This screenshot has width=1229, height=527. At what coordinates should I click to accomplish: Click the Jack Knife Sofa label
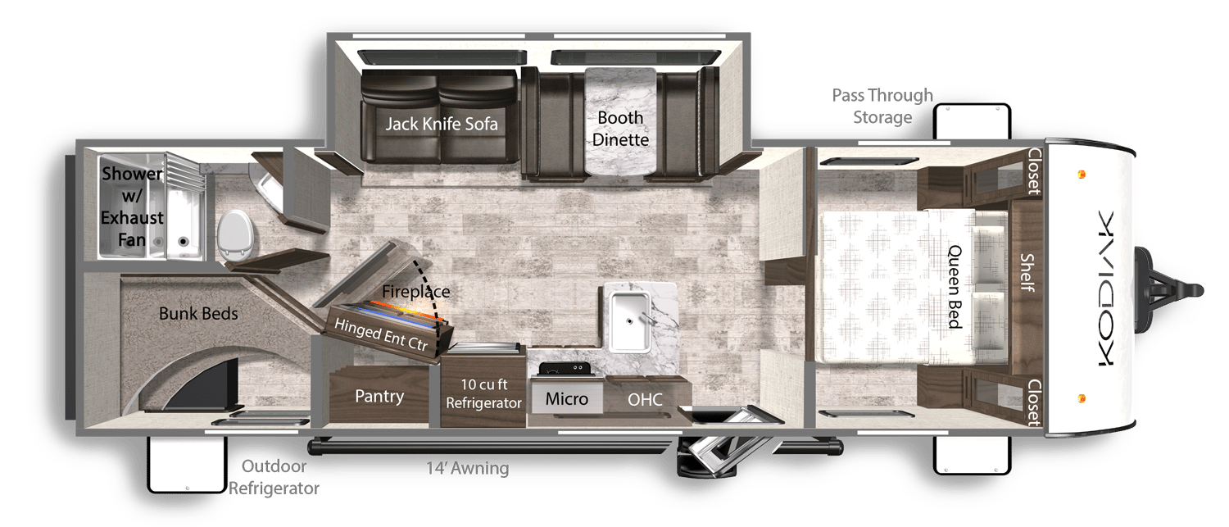(x=442, y=125)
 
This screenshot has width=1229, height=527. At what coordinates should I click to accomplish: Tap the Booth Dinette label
(x=620, y=129)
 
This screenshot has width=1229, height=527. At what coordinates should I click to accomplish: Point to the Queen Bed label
(x=955, y=287)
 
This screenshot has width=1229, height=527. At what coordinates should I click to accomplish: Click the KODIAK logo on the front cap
(x=1103, y=287)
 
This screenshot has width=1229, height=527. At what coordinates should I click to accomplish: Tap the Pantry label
(x=379, y=397)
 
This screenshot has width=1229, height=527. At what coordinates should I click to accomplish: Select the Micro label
(x=567, y=399)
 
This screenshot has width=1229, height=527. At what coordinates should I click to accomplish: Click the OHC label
(x=645, y=400)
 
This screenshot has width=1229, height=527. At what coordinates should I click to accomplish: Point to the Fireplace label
(x=416, y=291)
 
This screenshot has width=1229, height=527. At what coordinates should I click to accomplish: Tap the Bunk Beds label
(x=198, y=314)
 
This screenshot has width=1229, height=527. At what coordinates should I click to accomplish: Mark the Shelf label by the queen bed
(x=1026, y=272)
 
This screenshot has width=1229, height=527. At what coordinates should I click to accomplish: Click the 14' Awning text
(x=468, y=470)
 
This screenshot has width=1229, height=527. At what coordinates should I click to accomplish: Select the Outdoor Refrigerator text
(x=273, y=478)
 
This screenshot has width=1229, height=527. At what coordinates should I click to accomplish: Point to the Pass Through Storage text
(x=882, y=107)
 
